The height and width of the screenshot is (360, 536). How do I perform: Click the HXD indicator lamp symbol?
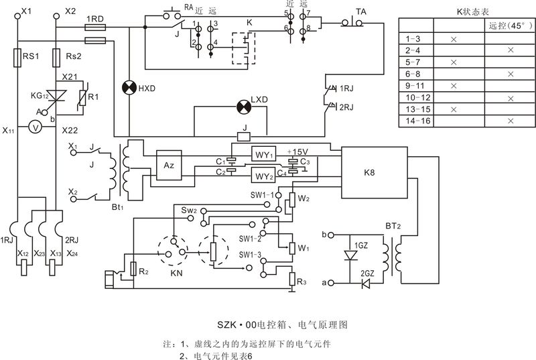[x=127, y=88]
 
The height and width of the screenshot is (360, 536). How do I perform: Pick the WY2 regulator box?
[x=263, y=177]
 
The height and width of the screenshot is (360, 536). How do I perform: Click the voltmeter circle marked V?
[x=38, y=126]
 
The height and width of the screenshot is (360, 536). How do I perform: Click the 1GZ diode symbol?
[x=348, y=255]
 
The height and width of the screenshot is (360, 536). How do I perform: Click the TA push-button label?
[x=360, y=11]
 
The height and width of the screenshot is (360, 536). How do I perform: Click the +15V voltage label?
[x=297, y=152]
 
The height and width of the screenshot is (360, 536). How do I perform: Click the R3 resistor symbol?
[x=291, y=278]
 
